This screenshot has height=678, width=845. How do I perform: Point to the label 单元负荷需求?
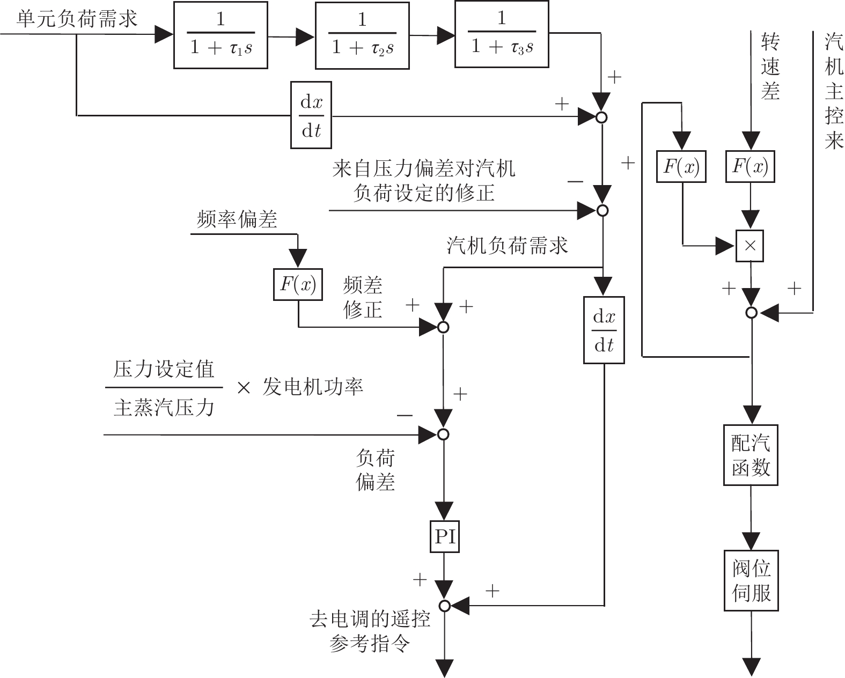pyautogui.click(x=77, y=19)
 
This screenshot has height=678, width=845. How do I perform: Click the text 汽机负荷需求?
pyautogui.click(x=508, y=246)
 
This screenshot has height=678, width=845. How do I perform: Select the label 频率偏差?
pyautogui.click(x=237, y=219)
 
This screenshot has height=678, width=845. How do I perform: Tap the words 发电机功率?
pyautogui.click(x=313, y=387)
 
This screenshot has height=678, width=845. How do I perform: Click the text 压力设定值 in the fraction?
pyautogui.click(x=164, y=370)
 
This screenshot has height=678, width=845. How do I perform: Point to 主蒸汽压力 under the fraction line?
pyautogui.click(x=164, y=408)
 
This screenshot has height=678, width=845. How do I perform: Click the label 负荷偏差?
pyautogui.click(x=375, y=470)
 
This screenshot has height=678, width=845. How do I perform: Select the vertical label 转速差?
pyautogui.click(x=770, y=67)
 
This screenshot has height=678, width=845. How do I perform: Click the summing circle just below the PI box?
pyautogui.click(x=444, y=606)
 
